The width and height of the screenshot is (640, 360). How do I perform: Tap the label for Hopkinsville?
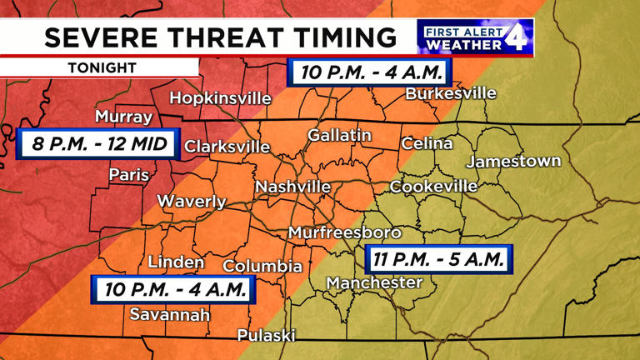coord(220,98)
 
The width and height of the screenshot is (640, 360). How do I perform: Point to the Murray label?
coord(123,117)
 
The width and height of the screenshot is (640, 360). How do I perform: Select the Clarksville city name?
coord(227,147)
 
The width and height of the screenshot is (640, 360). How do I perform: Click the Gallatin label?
coord(339,135)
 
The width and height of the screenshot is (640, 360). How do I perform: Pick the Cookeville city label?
coord(433,186)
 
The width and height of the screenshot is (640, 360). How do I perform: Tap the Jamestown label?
coord(513,161)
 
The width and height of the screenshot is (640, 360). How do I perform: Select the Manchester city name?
coord(374,283)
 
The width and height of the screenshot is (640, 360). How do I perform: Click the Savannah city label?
coord(170,314)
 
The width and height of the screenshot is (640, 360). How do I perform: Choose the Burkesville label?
coord(451,93)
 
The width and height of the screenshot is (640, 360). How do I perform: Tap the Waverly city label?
coord(191,202)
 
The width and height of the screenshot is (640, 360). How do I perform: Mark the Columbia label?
coord(262,267)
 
